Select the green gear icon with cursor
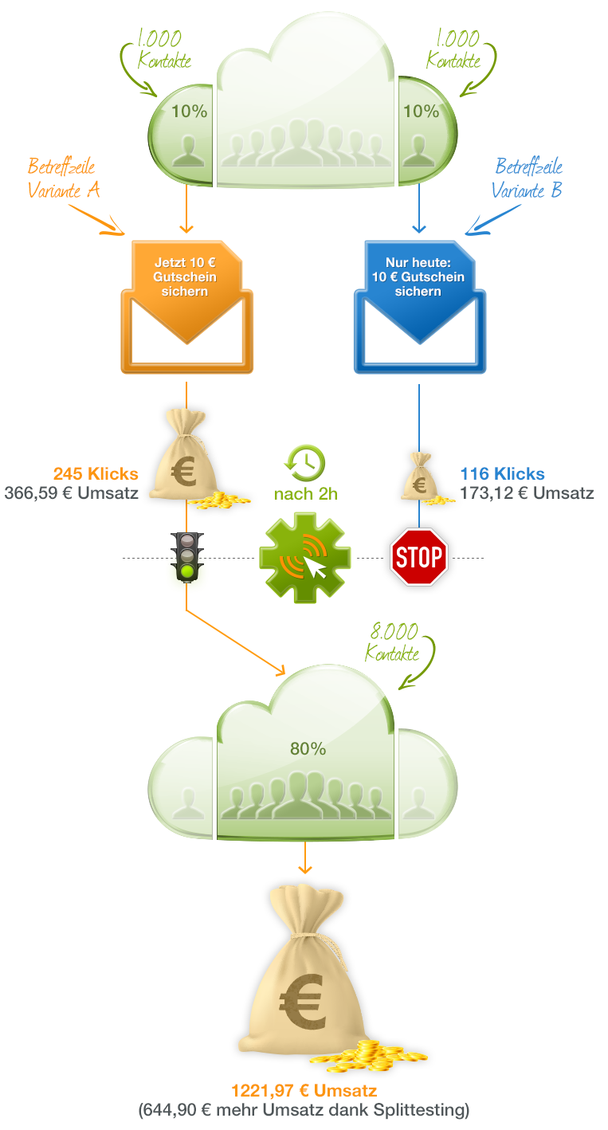coord(305,556)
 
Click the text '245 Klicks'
coord(96,474)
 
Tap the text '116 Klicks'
coord(502,474)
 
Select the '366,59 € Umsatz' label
coord(72,492)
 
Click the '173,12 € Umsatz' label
coord(527,492)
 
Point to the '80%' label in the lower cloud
coord(308,748)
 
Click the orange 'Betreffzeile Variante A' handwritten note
coord(63,179)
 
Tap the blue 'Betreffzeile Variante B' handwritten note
coord(528,179)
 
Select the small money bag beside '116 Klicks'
coord(418,477)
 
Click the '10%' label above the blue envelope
coord(421,112)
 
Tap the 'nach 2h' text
coord(305,494)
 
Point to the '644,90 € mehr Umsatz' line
coord(304,1109)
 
